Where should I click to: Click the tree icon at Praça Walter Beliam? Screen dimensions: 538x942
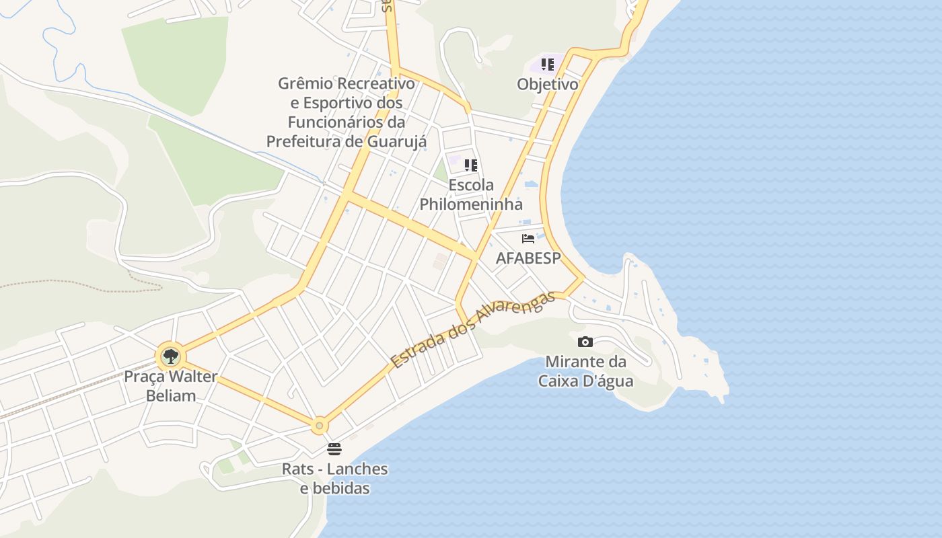[x=171, y=356]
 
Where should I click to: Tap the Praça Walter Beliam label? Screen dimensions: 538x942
[x=171, y=385]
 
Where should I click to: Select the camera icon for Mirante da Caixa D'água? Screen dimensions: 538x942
[x=585, y=342]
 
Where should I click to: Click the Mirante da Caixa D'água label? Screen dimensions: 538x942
[x=585, y=371]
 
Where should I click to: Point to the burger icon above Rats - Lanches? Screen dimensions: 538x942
[x=334, y=449]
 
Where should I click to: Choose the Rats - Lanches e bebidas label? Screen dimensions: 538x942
[x=334, y=478]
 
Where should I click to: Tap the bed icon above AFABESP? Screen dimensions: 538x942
[x=528, y=238]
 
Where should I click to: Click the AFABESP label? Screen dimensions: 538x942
[x=528, y=258]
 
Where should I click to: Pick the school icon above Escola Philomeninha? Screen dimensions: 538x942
[x=471, y=165]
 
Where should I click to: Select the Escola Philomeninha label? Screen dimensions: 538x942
[x=471, y=194]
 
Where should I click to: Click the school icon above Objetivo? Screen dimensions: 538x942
[x=548, y=65]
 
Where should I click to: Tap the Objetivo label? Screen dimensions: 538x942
[x=548, y=84]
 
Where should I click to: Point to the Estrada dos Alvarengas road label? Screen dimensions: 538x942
[x=474, y=330]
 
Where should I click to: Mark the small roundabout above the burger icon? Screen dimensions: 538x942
[x=319, y=425]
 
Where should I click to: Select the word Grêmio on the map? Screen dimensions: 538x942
[x=306, y=83]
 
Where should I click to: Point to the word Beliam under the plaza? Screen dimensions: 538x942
[x=171, y=395]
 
